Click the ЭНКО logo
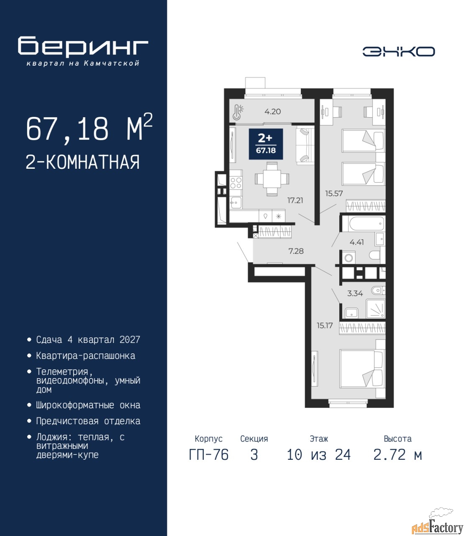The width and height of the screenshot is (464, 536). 398,52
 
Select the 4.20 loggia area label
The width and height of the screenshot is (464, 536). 272,111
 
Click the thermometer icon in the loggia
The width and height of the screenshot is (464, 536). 238,112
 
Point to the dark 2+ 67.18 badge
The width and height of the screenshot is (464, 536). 266,144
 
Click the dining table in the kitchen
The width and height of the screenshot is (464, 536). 272,178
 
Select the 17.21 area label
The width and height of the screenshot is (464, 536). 295,200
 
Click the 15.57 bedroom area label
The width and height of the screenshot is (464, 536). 334,193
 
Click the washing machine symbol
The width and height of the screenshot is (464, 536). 349,258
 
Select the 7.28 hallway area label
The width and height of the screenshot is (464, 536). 296,251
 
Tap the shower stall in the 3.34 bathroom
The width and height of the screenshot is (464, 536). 375,309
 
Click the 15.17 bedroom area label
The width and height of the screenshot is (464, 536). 325,325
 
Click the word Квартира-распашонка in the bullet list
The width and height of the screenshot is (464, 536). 86,356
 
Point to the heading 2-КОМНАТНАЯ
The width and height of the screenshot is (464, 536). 83,162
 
